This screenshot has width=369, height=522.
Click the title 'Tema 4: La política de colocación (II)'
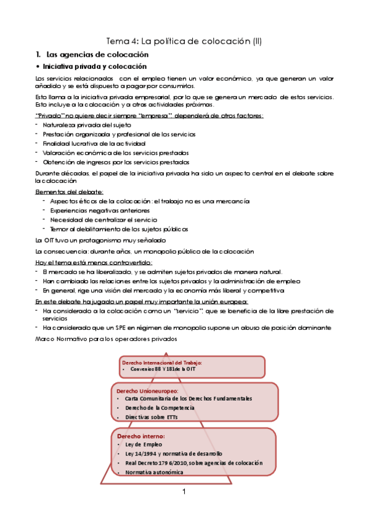point(184,42)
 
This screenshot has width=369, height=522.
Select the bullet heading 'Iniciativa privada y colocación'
point(94,66)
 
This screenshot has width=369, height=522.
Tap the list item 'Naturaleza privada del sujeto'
point(86,125)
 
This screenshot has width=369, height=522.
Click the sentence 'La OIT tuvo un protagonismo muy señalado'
point(100,239)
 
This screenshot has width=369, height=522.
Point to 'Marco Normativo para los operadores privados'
point(106,338)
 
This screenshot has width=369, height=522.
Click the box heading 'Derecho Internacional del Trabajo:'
point(162,363)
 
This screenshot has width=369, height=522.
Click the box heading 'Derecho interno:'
point(137,435)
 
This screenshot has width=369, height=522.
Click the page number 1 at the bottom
point(184,492)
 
